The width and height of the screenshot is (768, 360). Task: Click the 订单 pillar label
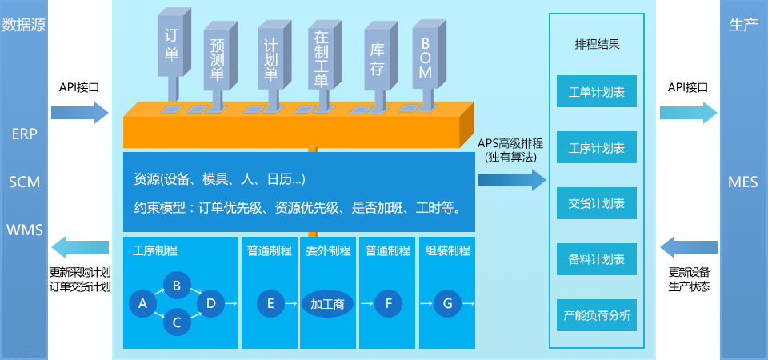tap(171, 45)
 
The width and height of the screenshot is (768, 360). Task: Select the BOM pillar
tap(426, 56)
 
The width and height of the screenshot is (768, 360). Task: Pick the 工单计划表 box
tap(596, 92)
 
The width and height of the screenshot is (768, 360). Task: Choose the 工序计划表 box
tap(596, 148)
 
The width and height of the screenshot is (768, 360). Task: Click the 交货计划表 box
tap(596, 204)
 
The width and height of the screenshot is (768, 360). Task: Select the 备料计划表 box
tap(596, 260)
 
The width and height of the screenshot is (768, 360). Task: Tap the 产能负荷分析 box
tap(596, 316)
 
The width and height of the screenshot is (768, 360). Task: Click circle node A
tap(142, 303)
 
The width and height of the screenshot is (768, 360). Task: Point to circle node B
tap(177, 285)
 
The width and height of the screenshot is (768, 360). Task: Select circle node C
tap(177, 322)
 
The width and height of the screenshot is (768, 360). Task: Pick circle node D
tap(211, 303)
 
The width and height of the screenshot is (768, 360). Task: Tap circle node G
tap(447, 303)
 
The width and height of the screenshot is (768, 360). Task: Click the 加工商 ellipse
tap(327, 304)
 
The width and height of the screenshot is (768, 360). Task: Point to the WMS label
tap(25, 230)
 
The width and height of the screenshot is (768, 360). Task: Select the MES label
tap(743, 182)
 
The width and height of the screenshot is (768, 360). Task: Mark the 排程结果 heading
tap(597, 45)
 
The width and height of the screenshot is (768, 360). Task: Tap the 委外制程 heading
tap(328, 250)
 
